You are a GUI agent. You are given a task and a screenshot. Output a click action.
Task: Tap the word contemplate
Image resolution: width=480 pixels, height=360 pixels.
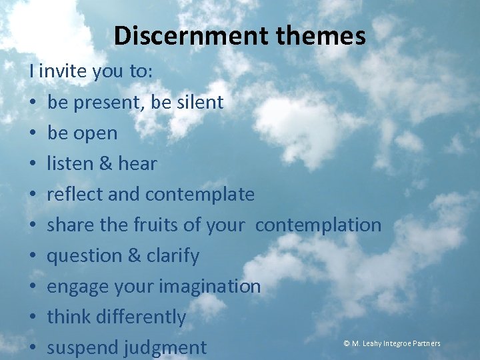(x=200, y=195)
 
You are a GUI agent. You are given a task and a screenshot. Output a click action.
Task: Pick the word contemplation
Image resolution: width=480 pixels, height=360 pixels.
(x=318, y=225)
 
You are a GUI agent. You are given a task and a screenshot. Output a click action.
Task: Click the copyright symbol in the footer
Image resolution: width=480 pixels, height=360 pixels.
(x=347, y=343)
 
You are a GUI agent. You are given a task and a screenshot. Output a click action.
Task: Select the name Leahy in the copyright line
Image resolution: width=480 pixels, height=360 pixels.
(x=373, y=343)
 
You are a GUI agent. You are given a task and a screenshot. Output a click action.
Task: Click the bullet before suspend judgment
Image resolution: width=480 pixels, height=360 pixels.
(x=33, y=348)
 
